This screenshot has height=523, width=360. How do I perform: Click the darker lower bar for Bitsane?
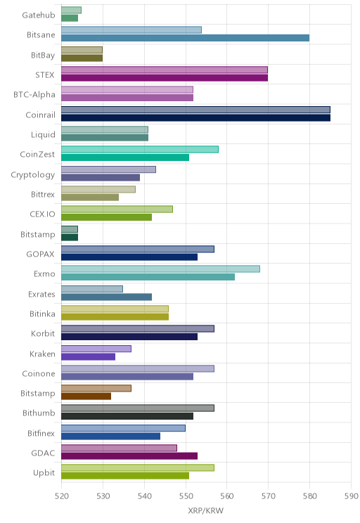click(185, 38)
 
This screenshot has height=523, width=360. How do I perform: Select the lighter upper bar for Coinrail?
click(196, 110)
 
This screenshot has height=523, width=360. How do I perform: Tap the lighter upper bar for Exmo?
click(160, 269)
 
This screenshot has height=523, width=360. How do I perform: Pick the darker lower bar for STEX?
click(165, 78)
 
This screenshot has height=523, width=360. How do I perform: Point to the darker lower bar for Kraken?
click(88, 356)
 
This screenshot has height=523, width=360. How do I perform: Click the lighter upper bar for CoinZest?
click(140, 150)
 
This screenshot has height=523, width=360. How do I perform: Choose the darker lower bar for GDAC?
click(129, 456)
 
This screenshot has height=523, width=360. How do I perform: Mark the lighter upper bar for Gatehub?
click(72, 11)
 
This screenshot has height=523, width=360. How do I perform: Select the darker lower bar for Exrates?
click(106, 297)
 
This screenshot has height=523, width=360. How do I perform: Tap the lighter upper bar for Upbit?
click(138, 467)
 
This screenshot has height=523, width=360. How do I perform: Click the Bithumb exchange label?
click(39, 413)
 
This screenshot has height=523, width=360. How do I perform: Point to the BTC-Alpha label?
click(34, 95)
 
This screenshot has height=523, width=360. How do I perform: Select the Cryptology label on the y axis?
click(33, 175)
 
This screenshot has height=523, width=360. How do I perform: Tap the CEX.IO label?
click(42, 214)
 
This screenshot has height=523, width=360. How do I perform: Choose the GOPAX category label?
click(40, 254)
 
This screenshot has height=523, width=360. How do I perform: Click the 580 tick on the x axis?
click(309, 496)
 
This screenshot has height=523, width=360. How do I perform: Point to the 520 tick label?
click(62, 496)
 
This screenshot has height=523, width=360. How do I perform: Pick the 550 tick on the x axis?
click(186, 496)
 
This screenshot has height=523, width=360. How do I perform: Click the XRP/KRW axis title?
click(206, 510)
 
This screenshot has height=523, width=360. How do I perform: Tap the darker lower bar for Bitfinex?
click(111, 436)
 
